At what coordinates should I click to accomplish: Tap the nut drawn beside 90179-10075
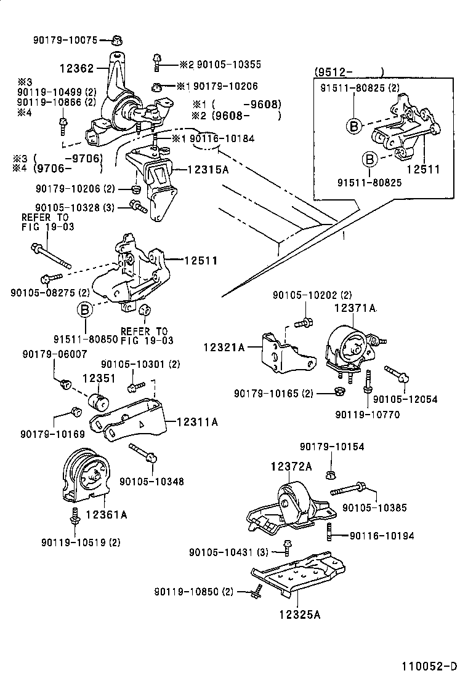pyautogui.click(x=115, y=41)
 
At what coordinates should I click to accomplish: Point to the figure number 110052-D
pyautogui.click(x=429, y=666)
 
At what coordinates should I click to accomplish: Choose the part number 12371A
pyautogui.click(x=355, y=307)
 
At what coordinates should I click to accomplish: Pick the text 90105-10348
pyautogui.click(x=151, y=482)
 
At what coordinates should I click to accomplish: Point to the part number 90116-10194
pyautogui.click(x=381, y=536)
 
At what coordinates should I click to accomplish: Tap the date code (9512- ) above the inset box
pyautogui.click(x=349, y=71)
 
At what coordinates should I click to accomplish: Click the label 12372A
pyautogui.click(x=291, y=467)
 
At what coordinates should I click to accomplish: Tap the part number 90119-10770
pyautogui.click(x=367, y=415)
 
